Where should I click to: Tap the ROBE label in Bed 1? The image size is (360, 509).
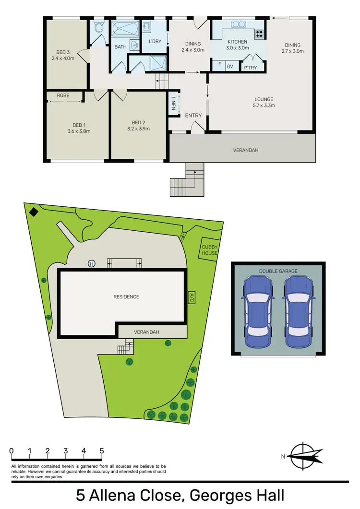[x=63, y=95]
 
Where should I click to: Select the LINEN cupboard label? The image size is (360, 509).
[x=173, y=103]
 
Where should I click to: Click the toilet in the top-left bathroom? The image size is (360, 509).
[x=99, y=28]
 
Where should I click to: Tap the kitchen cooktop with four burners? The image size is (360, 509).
[x=259, y=34]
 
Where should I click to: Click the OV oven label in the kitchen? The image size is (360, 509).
[x=230, y=67]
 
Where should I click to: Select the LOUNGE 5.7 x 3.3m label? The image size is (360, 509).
[x=264, y=103]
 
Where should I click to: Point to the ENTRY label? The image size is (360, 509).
[x=193, y=116]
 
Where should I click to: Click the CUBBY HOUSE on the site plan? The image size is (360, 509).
[x=210, y=250]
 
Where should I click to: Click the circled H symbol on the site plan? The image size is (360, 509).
[x=91, y=263]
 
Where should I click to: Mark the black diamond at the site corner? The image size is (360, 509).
[x=33, y=212]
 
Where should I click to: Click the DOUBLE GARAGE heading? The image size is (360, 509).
[x=278, y=271]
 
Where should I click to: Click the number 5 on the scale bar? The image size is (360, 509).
[x=102, y=451]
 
